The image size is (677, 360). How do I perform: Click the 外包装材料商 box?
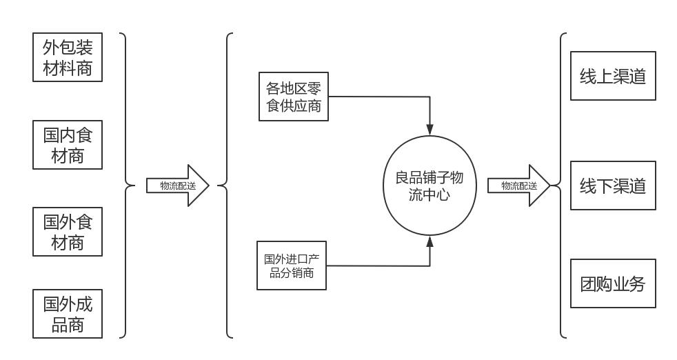point(68,57)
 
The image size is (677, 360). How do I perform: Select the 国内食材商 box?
point(68,145)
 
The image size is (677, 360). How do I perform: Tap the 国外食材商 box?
point(68,232)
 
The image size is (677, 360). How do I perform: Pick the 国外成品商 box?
point(68,314)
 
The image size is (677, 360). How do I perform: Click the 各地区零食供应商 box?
point(294,97)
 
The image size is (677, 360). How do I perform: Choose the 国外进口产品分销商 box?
point(291,266)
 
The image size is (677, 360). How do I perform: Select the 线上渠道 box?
point(613,77)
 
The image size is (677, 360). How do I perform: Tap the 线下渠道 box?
point(613,186)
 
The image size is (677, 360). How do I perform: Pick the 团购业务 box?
point(613,283)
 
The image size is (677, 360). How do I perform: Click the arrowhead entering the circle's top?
point(430,130)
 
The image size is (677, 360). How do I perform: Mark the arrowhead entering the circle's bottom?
point(430,241)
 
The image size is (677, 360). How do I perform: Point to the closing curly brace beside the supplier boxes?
point(125,186)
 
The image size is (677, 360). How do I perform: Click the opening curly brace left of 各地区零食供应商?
point(226,186)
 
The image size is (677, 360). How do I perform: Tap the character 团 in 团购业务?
point(588,283)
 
